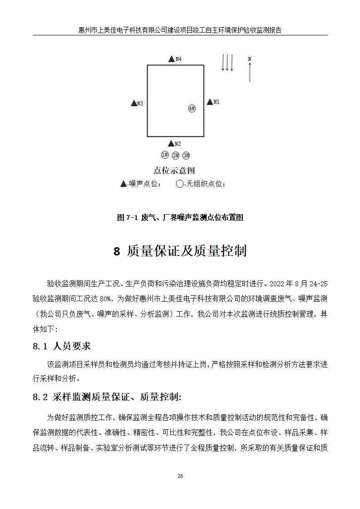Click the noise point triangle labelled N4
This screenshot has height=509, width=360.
(171, 59)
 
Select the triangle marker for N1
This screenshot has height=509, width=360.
(209, 102)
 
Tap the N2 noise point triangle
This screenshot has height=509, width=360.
(171, 143)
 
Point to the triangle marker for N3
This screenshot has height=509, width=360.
(133, 103)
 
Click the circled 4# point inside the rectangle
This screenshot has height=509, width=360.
(192, 108)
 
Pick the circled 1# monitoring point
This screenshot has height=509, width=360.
(165, 155)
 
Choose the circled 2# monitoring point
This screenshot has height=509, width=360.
(175, 156)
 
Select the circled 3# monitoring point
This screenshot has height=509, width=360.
(186, 156)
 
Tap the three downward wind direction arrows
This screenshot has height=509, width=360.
(227, 63)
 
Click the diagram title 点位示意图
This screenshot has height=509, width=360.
(174, 171)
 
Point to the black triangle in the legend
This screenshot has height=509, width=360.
(123, 184)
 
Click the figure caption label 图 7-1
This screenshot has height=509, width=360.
(127, 218)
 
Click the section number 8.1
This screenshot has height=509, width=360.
(40, 347)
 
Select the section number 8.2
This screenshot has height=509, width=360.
(40, 397)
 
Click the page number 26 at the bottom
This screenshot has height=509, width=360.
(180, 476)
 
